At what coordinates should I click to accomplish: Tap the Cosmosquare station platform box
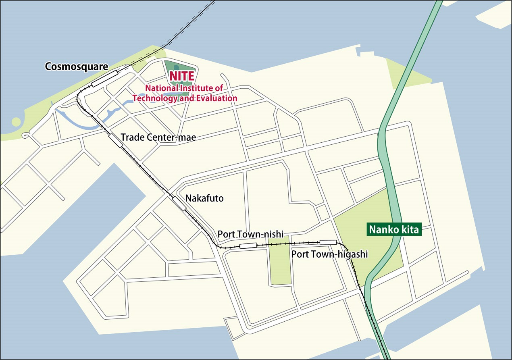104,78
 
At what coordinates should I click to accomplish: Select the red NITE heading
181,76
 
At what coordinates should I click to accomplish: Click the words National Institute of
184,88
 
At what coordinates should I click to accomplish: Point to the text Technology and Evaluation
185,98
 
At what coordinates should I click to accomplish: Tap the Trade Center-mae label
158,137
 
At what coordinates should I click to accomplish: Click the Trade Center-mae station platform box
116,140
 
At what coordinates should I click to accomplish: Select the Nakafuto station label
204,198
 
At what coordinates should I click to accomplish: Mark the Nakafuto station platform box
179,203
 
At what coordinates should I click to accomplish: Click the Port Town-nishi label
250,234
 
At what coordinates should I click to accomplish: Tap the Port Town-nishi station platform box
248,246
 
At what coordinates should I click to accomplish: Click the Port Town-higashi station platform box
328,242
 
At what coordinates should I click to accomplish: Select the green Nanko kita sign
394,230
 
